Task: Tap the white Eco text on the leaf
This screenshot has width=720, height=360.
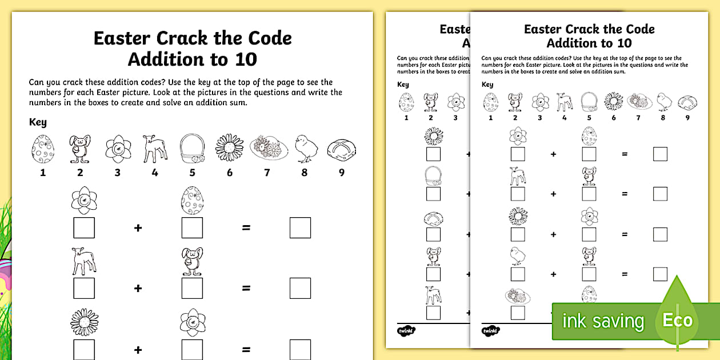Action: point(677,320)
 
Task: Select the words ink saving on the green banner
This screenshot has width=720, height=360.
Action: point(603,321)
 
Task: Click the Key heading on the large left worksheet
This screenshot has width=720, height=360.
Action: point(38,122)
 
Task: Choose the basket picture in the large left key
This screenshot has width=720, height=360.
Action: point(192,149)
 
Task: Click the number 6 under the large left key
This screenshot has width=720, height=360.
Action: point(230,173)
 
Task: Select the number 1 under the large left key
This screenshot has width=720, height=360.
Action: point(43,173)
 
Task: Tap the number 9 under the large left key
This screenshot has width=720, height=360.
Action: point(342,173)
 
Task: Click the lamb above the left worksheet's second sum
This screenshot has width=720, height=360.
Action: point(83,261)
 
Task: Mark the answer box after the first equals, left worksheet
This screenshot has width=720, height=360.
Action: point(300,227)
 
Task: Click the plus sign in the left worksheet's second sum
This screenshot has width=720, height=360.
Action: point(138,289)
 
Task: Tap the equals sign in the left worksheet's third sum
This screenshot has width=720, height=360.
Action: point(246,349)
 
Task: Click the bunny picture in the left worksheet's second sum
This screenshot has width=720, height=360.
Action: point(192,261)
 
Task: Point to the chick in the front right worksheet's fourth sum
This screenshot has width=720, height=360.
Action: point(518,255)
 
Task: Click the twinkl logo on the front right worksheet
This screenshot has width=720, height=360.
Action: point(490,331)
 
